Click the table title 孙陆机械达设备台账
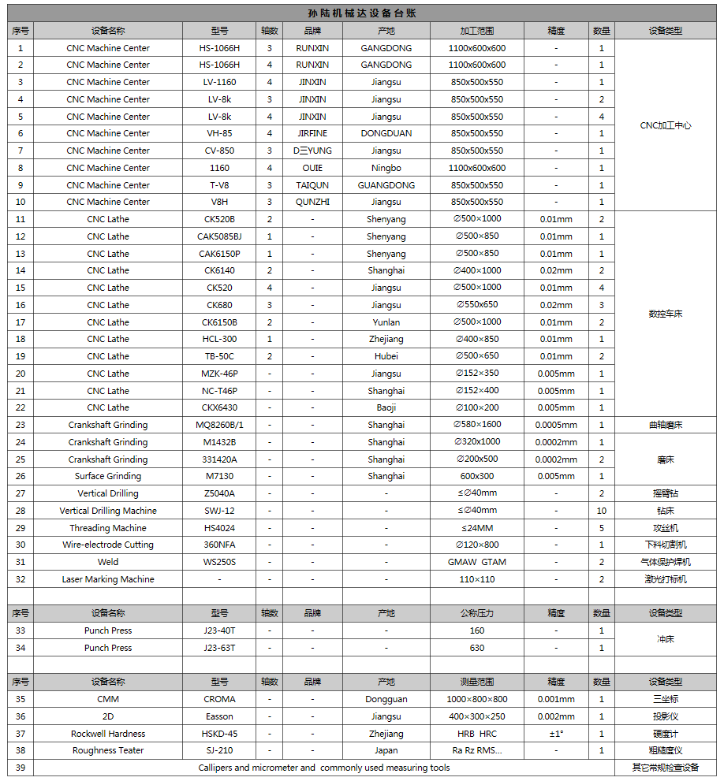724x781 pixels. click(362, 13)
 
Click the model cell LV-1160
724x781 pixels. click(219, 82)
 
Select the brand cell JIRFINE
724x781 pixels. click(312, 133)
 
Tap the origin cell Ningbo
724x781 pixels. click(386, 168)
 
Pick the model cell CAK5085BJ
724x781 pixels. click(219, 236)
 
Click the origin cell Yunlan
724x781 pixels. click(386, 322)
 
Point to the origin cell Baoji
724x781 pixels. click(386, 407)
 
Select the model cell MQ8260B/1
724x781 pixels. click(219, 425)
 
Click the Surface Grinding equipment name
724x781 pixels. click(108, 476)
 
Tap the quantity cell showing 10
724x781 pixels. click(601, 511)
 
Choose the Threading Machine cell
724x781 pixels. click(108, 528)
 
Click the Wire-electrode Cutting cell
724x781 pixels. click(108, 545)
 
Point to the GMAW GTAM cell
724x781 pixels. click(476, 562)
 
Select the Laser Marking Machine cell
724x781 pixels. click(108, 579)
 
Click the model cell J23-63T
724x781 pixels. click(219, 648)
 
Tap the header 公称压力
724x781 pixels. click(476, 613)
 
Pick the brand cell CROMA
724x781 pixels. click(219, 699)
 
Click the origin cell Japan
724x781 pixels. click(386, 750)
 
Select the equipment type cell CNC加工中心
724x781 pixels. click(665, 125)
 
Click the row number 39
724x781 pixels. click(21, 768)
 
